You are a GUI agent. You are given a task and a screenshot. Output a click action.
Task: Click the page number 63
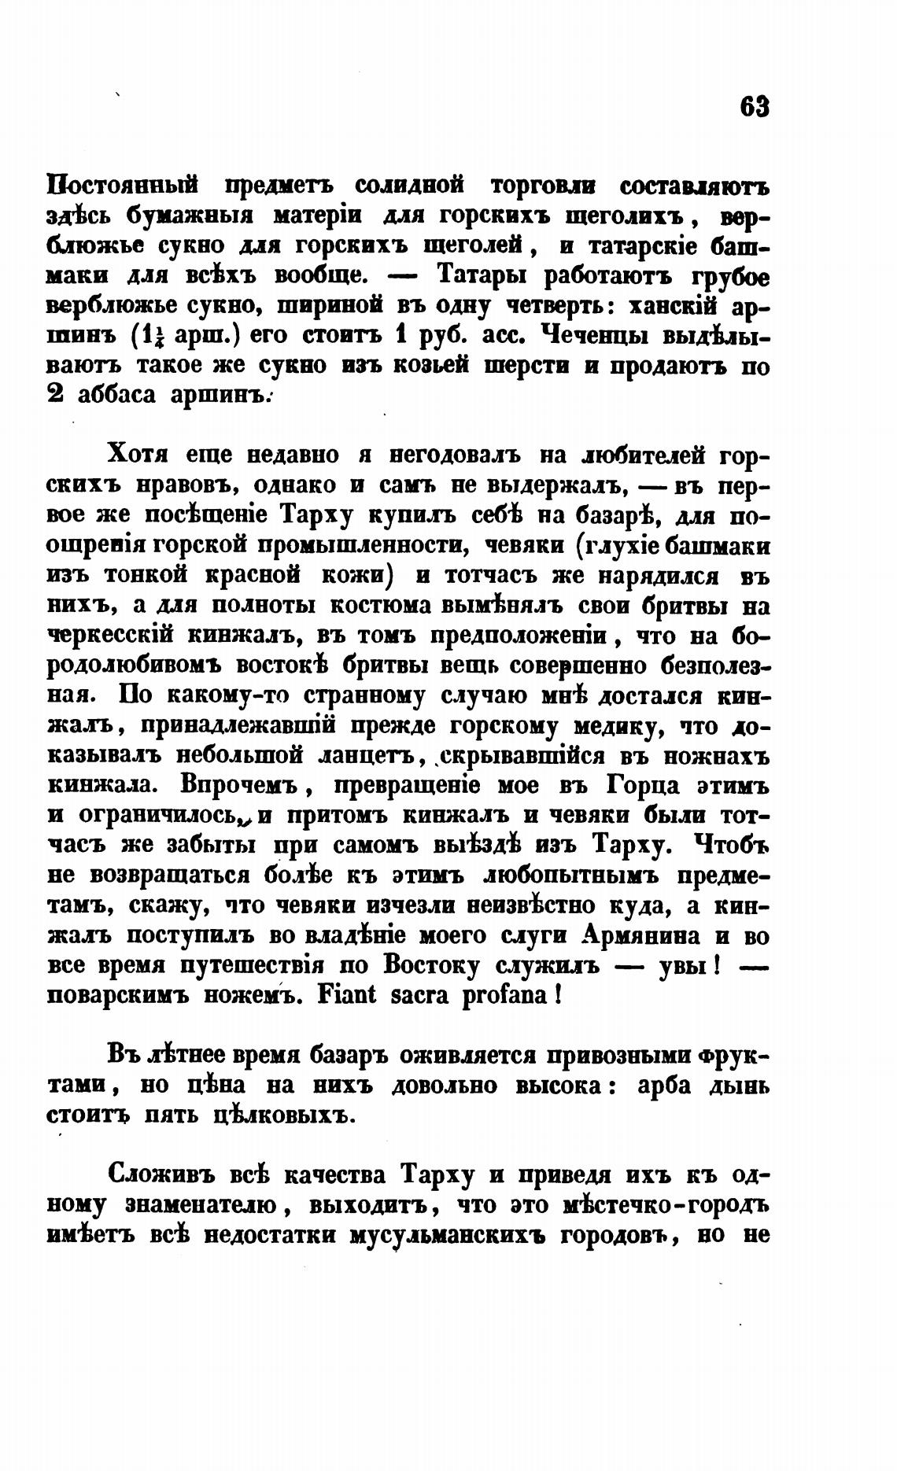[753, 106]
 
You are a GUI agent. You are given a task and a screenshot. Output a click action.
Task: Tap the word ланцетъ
[378, 756]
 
